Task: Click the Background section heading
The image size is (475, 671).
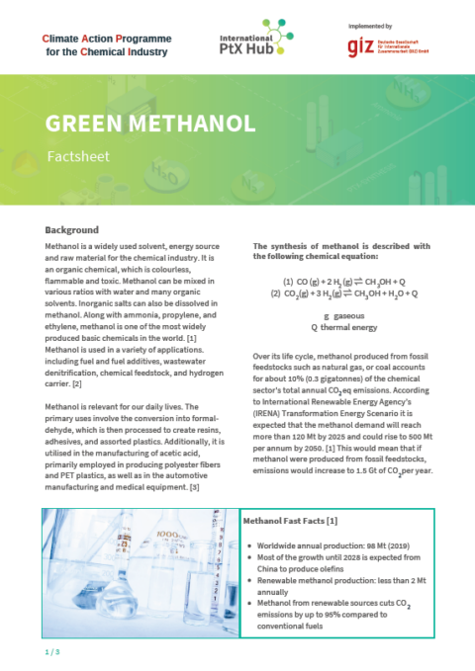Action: pyautogui.click(x=72, y=229)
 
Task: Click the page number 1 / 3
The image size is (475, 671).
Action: pyautogui.click(x=52, y=653)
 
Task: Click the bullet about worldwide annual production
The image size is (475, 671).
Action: pyautogui.click(x=327, y=545)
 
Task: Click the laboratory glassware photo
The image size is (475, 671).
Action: pyautogui.click(x=140, y=571)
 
